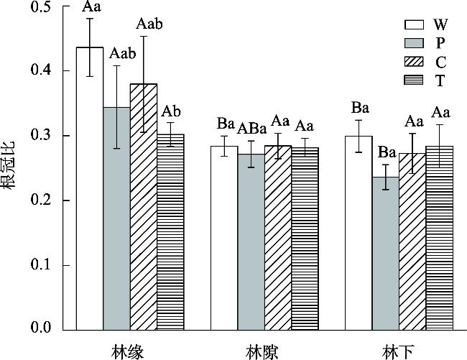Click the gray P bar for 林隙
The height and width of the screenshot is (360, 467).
coord(251,241)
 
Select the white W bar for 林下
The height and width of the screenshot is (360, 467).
coord(359,233)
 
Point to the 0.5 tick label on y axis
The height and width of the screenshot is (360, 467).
coord(41,7)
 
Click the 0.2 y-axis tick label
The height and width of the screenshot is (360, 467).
coord(41,200)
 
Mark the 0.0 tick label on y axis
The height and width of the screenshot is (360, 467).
coord(41,330)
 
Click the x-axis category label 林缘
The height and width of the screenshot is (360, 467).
coord(129,351)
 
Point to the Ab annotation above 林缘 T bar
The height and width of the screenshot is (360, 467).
coord(170,111)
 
